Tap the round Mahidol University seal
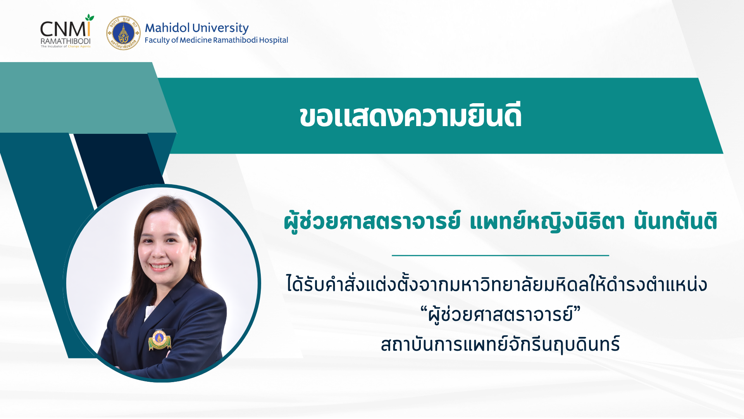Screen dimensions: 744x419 click(x=123, y=33)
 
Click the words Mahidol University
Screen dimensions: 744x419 click(x=196, y=28)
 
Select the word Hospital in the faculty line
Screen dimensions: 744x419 click(x=274, y=40)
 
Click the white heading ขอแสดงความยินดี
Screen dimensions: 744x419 click(x=411, y=116)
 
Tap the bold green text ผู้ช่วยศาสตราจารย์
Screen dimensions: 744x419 click(x=372, y=221)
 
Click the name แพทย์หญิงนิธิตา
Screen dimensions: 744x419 click(x=547, y=221)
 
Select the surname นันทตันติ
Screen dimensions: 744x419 click(x=675, y=221)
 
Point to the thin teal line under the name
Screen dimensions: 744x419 click(x=500, y=255)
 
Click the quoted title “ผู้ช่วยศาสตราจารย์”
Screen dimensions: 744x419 click(x=500, y=314)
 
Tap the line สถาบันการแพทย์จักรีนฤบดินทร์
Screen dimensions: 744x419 click(x=500, y=344)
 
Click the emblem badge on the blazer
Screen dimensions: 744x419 click(x=159, y=340)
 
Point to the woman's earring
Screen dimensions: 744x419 click(x=194, y=258)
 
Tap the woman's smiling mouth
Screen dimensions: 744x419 click(x=160, y=267)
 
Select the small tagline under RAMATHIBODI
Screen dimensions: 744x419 click(x=65, y=47)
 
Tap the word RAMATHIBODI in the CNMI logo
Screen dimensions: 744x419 click(x=65, y=41)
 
